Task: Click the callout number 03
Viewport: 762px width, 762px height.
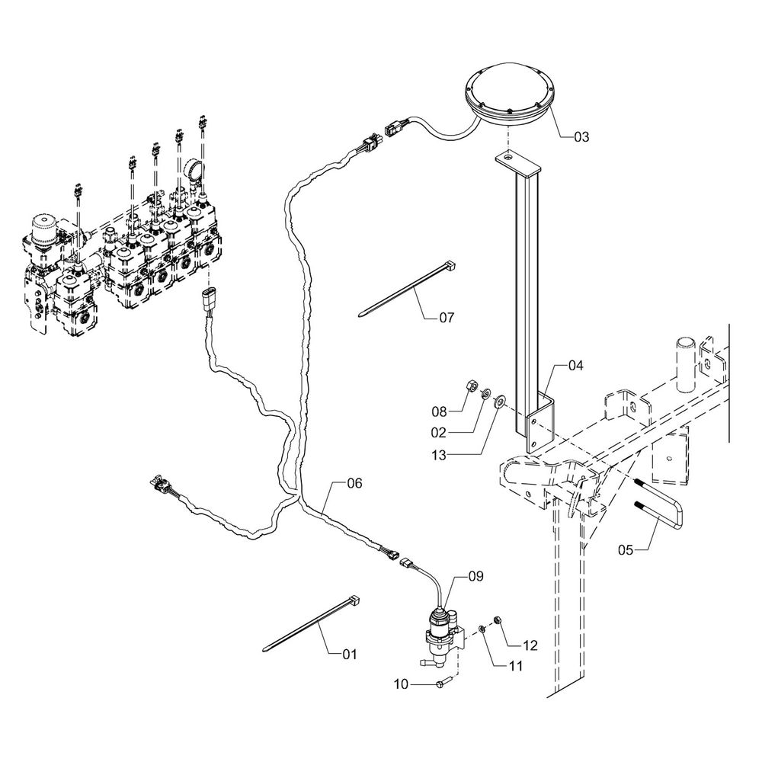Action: (x=581, y=137)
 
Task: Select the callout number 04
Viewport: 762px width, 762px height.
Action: (x=575, y=367)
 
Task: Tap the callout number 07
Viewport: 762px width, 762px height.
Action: (x=446, y=317)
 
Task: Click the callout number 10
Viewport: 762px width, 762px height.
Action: (x=405, y=684)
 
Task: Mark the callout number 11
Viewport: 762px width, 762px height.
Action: (x=515, y=666)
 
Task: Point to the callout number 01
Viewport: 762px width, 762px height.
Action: (x=349, y=655)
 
